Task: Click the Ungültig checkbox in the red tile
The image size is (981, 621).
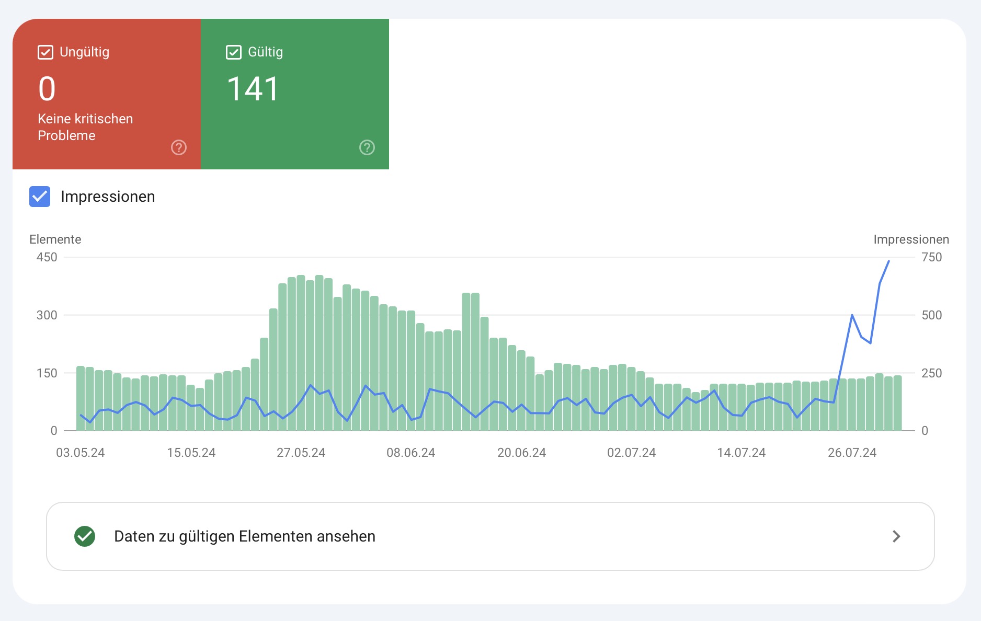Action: click(45, 52)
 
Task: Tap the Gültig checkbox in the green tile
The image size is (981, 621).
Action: click(234, 52)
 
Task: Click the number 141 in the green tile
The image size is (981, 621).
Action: click(253, 89)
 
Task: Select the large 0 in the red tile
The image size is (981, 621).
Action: click(47, 89)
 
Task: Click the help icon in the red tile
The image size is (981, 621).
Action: click(179, 147)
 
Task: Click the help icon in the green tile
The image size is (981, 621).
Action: click(367, 147)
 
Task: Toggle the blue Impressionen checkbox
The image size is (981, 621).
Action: click(40, 197)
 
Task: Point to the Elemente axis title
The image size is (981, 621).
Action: click(55, 239)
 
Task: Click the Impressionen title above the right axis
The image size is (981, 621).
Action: click(911, 239)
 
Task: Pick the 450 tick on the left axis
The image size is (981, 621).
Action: click(47, 257)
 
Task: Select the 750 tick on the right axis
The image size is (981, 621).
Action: click(931, 257)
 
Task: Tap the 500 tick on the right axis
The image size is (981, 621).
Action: click(931, 315)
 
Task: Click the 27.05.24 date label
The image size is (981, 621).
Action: click(301, 453)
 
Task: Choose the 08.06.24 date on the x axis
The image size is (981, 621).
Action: click(411, 453)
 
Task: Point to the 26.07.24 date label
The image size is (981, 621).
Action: click(852, 453)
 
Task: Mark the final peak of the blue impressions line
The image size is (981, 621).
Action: click(888, 261)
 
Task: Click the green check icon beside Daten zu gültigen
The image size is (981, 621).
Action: click(85, 536)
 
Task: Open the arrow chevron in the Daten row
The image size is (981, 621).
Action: click(896, 536)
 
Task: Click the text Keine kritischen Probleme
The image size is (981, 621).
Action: click(85, 127)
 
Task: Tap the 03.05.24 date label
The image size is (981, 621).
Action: click(81, 453)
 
